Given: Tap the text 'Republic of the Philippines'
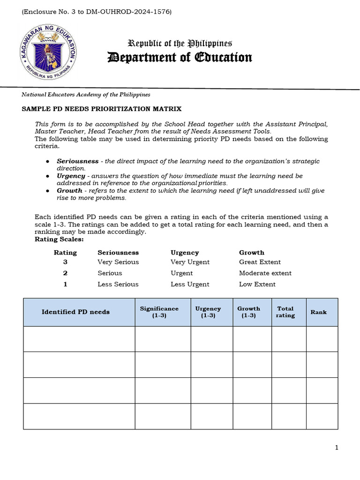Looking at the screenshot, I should (180, 44).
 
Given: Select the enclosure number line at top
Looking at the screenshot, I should (97, 11).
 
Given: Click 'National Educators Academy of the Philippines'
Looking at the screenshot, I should (86, 94).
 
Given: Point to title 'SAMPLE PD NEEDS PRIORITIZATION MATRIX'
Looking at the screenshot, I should (102, 109).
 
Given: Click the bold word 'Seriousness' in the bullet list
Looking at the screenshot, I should (78, 161).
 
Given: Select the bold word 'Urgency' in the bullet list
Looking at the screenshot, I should (71, 176).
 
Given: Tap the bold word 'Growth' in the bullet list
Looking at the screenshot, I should (69, 191).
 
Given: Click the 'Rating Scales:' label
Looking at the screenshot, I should (59, 239).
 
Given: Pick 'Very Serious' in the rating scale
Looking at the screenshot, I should (118, 262).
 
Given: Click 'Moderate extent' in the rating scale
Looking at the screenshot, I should (265, 273).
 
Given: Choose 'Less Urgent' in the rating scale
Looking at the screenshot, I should (190, 284).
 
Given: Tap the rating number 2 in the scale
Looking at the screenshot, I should (65, 273).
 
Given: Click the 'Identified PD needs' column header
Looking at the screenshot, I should (75, 312).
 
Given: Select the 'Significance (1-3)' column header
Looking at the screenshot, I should (159, 312).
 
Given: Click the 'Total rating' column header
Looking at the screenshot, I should (285, 312).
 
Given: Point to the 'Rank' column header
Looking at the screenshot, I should (319, 312).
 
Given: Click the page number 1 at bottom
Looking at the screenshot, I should (337, 448).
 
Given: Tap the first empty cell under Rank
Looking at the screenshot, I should (322, 339).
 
